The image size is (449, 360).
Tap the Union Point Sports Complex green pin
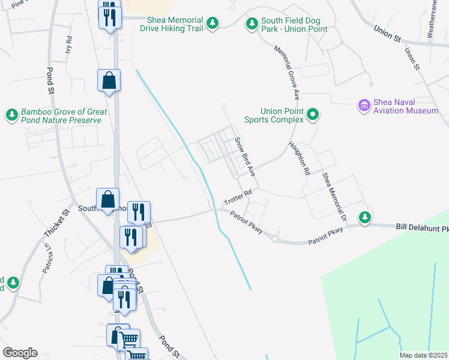[313, 114]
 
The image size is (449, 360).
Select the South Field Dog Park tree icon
[252, 23]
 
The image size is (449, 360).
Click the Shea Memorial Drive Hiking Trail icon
[212, 23]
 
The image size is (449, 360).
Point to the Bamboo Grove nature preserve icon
[11, 114]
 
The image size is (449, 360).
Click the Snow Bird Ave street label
[245, 157]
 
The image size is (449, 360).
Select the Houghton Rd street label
[298, 158]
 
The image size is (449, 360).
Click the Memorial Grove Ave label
[286, 73]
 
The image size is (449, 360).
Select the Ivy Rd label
[69, 46]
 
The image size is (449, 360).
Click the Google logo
[20, 353]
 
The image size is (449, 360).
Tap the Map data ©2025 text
[423, 355]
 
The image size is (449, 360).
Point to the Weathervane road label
[432, 18]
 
